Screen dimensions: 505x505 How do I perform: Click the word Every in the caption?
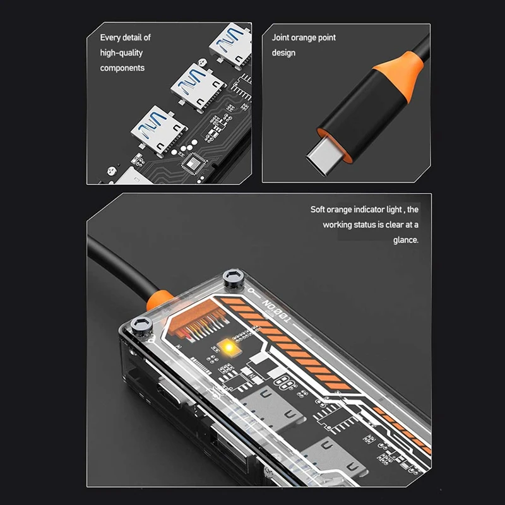click(110, 38)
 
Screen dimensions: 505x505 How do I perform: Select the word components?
click(122, 68)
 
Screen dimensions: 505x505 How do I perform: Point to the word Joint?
click(282, 38)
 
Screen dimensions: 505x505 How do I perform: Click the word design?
click(283, 53)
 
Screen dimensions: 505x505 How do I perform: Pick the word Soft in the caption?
click(318, 210)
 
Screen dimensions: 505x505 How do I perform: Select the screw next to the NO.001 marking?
click(232, 276)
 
